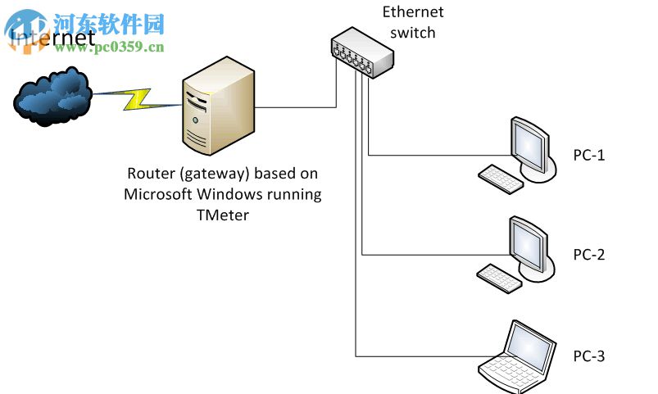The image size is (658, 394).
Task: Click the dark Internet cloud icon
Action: click(52, 97)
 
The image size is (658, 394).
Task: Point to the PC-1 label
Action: click(588, 155)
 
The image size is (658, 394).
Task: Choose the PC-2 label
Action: click(588, 255)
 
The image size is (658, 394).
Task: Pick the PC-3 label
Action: click(588, 356)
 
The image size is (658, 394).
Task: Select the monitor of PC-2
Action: click(529, 244)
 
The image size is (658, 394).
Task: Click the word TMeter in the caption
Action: click(222, 215)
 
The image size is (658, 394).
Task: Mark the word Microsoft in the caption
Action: click(158, 195)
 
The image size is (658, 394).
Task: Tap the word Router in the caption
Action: click(148, 174)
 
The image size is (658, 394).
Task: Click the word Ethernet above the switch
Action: click(413, 12)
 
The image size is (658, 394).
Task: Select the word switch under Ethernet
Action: click(413, 33)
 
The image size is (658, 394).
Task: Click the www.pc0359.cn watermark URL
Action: click(109, 47)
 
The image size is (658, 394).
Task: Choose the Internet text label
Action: click(51, 38)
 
